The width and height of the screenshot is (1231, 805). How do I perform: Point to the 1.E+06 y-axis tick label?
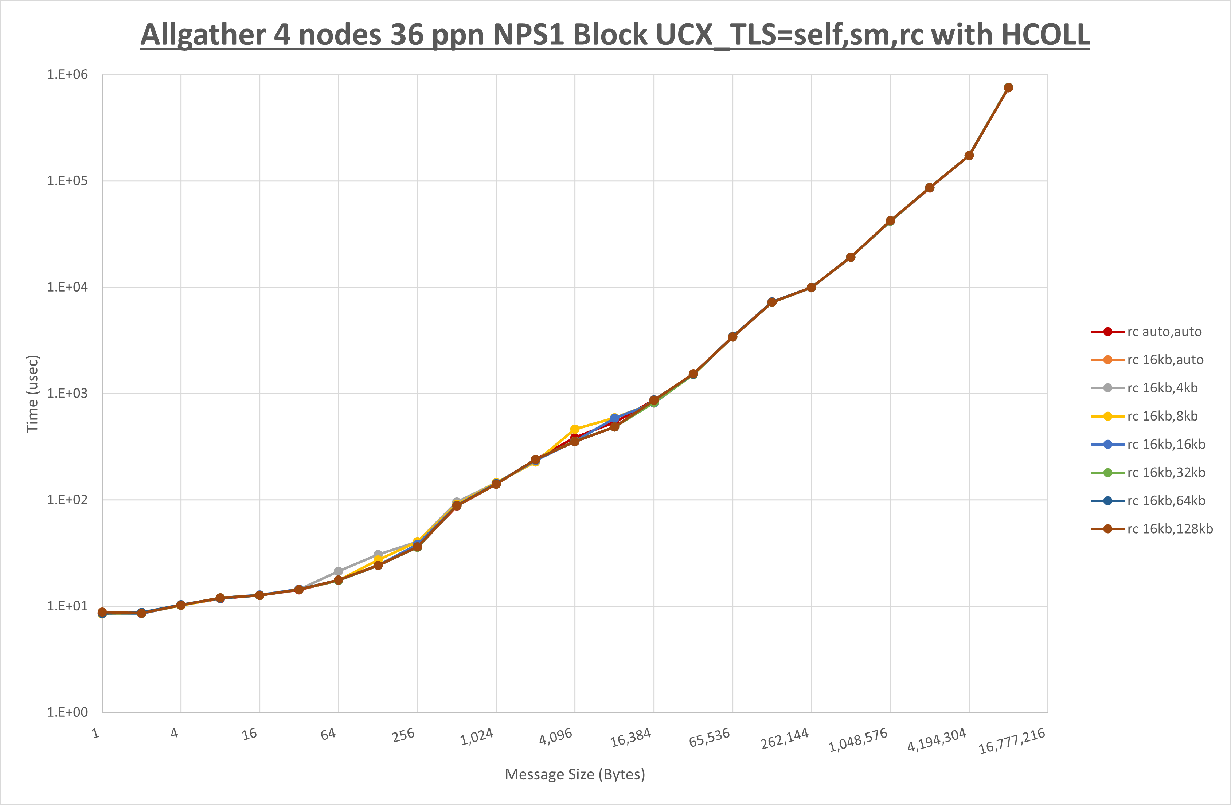click(67, 74)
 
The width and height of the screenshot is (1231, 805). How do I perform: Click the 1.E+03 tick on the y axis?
click(67, 393)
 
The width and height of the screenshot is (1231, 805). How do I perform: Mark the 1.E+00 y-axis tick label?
click(67, 712)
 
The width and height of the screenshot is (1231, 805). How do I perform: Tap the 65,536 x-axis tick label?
click(710, 738)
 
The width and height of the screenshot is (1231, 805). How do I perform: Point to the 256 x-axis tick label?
click(403, 735)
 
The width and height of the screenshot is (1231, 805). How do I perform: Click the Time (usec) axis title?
click(32, 393)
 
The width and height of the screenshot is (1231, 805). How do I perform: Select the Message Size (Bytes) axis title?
click(575, 774)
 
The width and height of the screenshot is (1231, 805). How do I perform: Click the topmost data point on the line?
click(1008, 88)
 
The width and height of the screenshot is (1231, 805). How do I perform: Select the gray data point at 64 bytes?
click(338, 571)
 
